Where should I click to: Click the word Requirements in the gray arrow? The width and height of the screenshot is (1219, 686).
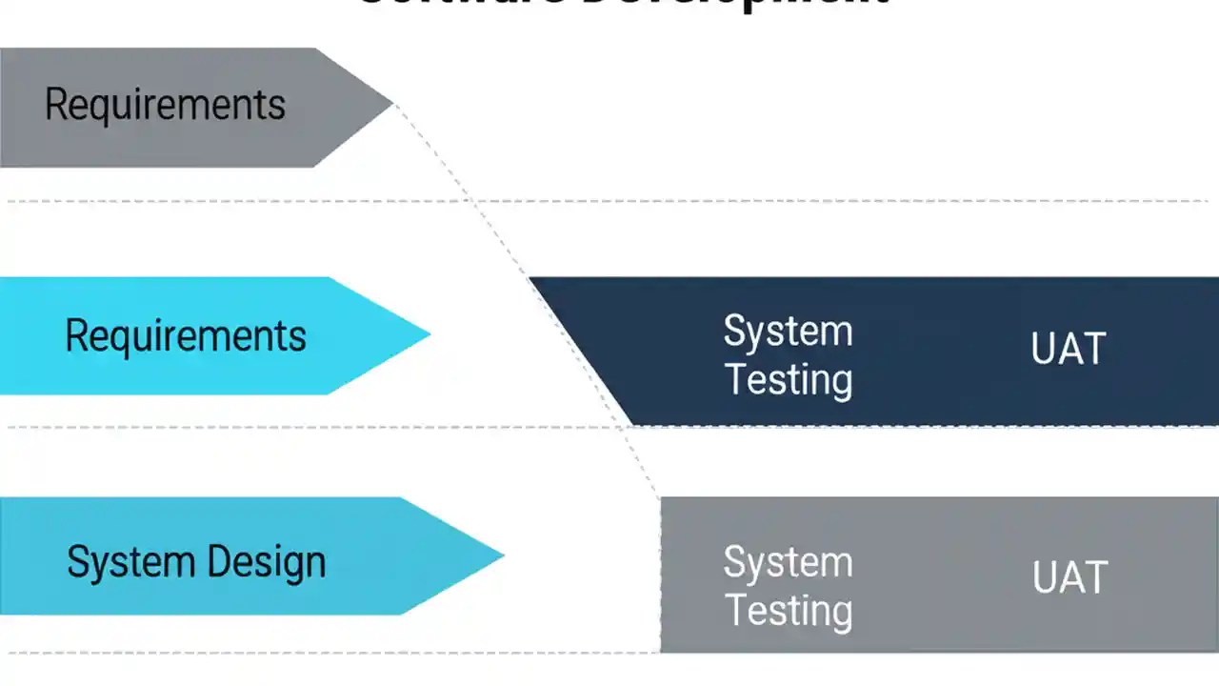pos(165,105)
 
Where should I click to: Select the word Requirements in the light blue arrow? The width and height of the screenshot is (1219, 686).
pos(186,336)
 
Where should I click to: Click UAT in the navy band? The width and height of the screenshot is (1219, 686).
pos(1069,349)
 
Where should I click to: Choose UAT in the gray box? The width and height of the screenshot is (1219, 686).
pos(1070,577)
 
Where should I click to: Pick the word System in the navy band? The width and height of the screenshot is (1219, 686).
pos(788,332)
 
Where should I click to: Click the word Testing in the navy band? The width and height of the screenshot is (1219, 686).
pos(789,379)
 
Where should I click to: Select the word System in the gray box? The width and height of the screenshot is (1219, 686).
pos(788,562)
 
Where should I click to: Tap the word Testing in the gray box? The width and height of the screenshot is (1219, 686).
pos(789,610)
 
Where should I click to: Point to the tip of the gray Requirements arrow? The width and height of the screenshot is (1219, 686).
pos(391,102)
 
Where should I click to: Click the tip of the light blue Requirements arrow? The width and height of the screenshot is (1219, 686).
pos(430,333)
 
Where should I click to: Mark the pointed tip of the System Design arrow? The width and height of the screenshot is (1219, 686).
pos(503,555)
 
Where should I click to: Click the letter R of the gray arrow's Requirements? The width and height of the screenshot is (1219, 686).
pos(55,104)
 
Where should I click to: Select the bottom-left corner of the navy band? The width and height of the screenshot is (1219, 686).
pos(633,424)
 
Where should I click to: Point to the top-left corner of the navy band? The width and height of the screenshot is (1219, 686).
pos(530,279)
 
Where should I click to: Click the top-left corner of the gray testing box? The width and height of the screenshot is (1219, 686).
pos(662,498)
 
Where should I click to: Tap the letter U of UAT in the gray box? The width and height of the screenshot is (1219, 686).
pos(1045,577)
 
